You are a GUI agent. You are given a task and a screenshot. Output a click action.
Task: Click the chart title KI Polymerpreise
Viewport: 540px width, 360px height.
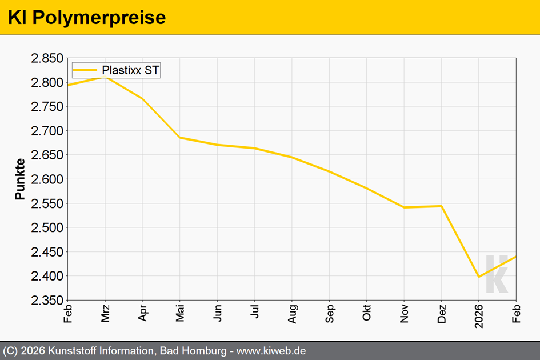87,18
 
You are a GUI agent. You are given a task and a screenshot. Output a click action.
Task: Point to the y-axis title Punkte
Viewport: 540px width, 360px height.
20,179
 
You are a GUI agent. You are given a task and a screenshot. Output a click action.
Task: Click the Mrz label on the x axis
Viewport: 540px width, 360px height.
105,312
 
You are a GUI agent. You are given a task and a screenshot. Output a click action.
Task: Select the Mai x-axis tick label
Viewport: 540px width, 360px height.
180,312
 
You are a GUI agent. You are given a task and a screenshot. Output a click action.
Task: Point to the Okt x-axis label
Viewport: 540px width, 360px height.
367,312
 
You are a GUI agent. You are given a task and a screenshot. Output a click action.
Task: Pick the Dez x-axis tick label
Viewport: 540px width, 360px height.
441,313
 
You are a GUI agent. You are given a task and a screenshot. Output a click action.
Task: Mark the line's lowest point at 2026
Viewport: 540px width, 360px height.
479,277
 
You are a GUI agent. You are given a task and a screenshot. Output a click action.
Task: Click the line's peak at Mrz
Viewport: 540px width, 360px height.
105,76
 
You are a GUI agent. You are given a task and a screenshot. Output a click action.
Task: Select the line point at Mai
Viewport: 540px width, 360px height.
180,138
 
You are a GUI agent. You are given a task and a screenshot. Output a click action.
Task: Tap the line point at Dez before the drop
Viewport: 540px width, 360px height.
441,206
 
